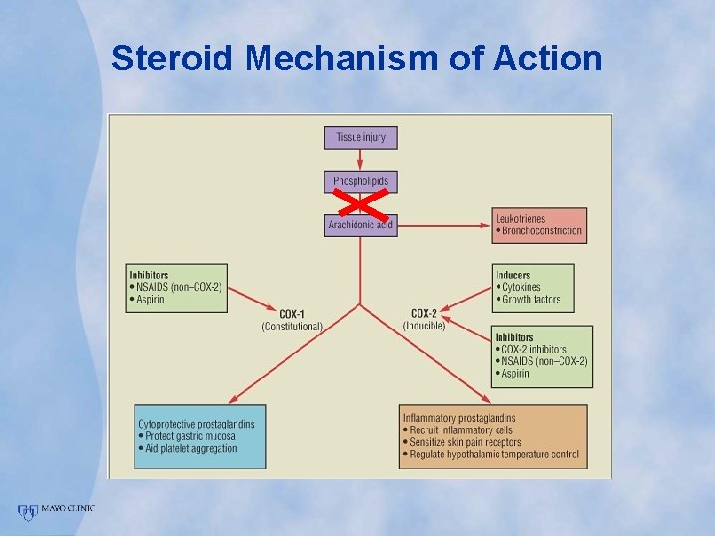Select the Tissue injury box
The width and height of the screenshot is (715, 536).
[x=359, y=137]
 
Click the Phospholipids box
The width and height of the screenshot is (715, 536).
[x=359, y=182]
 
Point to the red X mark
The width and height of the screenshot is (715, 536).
[x=359, y=203]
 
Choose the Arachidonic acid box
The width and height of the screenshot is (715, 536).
[x=359, y=225]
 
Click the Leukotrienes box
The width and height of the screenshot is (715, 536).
[x=538, y=225]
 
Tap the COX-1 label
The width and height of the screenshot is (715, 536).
[x=292, y=314]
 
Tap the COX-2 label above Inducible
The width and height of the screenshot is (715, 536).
[x=425, y=314]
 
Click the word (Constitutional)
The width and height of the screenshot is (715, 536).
[x=292, y=326]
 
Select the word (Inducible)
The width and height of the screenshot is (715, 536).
[x=425, y=326]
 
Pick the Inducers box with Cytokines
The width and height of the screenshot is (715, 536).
[x=532, y=287]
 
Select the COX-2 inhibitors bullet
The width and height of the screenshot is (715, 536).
[x=533, y=350]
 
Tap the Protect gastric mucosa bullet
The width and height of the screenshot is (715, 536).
[x=189, y=436]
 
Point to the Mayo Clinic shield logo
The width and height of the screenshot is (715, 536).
[x=26, y=512]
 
